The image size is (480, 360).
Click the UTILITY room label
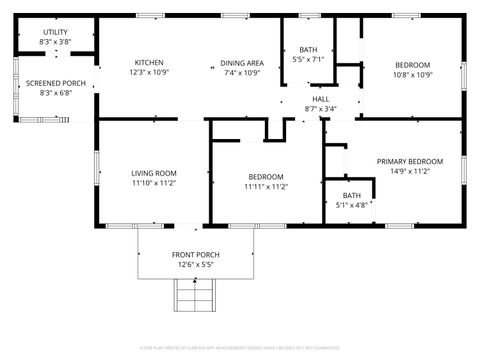point(55,32)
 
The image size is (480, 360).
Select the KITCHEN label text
point(149,62)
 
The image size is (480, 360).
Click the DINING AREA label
point(242,62)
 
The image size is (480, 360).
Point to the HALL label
point(320,99)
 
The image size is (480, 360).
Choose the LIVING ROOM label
point(153,173)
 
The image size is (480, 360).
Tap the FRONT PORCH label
point(195,254)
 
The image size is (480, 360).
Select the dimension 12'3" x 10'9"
point(149,73)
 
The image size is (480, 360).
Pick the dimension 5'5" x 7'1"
point(308,59)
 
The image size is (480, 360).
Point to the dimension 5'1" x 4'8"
point(352,205)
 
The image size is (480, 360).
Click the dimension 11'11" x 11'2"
point(266,186)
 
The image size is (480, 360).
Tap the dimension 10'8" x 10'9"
point(412,74)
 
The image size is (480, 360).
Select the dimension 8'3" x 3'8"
point(55,42)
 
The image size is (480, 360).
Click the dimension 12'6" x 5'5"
point(195,265)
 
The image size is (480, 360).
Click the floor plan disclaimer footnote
point(239,349)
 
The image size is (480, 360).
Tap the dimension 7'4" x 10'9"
point(242,73)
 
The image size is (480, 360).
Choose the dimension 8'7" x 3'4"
point(320,109)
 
